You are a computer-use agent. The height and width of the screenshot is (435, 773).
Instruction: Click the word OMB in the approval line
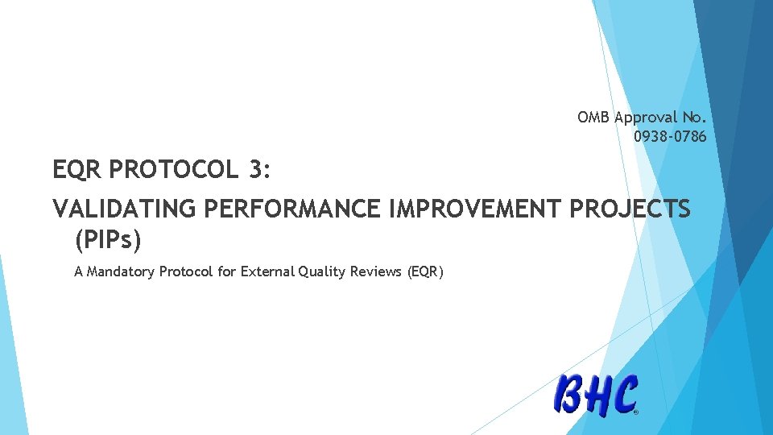point(593,118)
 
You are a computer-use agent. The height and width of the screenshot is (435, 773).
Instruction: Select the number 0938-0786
point(670,136)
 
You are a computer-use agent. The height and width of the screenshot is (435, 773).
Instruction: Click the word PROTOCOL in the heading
point(172,170)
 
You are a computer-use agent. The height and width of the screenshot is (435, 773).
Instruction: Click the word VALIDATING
point(125,209)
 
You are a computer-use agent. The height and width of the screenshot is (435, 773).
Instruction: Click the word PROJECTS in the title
point(630,209)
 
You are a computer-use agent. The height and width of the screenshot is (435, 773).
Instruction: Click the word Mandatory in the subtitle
point(122,271)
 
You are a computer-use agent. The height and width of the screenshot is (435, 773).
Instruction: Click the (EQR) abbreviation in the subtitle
point(426,271)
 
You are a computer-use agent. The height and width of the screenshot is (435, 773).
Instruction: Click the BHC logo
point(596,396)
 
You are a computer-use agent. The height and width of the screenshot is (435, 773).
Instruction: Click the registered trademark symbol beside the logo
point(636,412)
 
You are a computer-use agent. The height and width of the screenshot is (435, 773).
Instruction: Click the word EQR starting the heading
point(76,170)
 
